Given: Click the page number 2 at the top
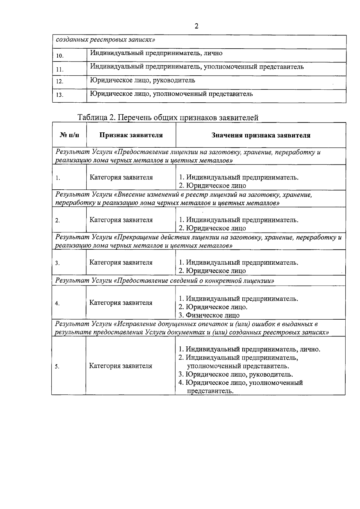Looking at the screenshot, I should (196, 26).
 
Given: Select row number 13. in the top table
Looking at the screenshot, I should (60, 95).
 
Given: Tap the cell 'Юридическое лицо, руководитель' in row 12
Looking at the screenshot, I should (142, 80).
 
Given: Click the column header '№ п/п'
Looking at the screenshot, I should (70, 135).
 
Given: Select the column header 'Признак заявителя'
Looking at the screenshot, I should (131, 135).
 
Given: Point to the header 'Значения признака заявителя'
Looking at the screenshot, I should (261, 135).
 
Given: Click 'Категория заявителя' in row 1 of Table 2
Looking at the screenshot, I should (121, 177).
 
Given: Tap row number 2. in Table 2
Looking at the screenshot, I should (58, 221).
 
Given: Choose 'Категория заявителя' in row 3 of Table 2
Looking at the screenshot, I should (121, 263).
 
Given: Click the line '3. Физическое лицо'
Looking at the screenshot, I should (209, 315).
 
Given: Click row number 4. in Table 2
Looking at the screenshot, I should (58, 303).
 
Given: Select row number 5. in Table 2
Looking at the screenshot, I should (57, 366).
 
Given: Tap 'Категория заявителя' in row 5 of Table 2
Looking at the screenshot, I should (121, 366).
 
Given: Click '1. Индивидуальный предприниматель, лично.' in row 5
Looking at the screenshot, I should (250, 349).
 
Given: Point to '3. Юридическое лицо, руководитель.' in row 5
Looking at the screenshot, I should (236, 375).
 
